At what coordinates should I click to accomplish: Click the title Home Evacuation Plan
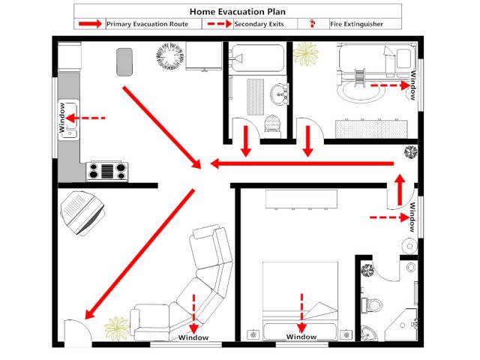tap(238, 12)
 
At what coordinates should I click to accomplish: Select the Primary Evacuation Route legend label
tap(154, 24)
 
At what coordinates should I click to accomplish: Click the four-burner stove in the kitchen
tap(106, 171)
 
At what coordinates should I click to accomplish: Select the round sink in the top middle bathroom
tap(280, 94)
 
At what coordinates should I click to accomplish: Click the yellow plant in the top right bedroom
tap(305, 55)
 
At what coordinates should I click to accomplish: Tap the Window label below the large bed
tap(301, 337)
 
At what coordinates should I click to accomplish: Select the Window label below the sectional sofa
tap(193, 337)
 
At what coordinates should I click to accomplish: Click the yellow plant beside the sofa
tap(117, 327)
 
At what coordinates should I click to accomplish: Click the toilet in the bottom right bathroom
tap(372, 304)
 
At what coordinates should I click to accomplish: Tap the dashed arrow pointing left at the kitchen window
tap(89, 118)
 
